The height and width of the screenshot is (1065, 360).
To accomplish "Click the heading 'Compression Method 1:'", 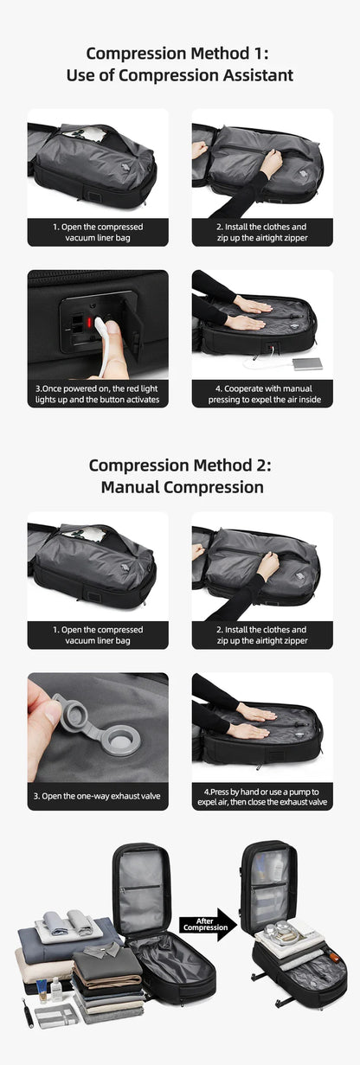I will click(180, 54).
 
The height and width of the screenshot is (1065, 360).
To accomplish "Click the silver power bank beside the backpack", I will click(307, 362).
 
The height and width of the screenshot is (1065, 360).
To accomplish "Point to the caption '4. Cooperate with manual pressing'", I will click(262, 395).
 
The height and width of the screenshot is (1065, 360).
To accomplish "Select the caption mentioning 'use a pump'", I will click(262, 797).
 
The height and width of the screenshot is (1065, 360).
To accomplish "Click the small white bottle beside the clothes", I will click(55, 989).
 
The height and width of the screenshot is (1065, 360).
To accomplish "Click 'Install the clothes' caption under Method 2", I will click(262, 635).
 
